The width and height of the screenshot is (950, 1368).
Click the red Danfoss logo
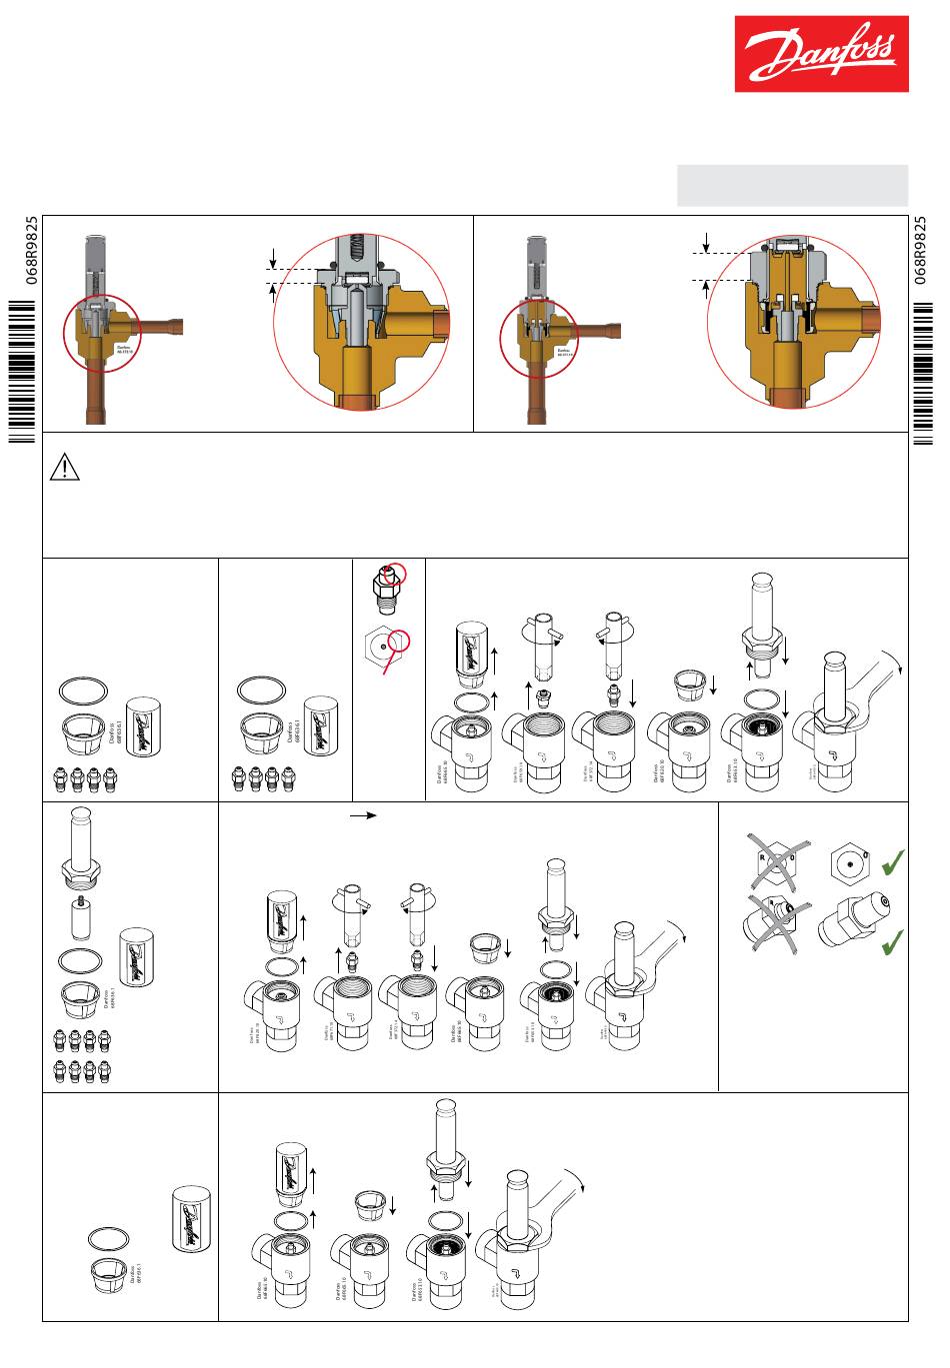point(821,54)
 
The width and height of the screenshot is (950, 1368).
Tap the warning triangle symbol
point(64,467)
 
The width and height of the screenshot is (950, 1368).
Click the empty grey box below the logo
point(792,185)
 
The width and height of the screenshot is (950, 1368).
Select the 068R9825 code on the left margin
point(32,251)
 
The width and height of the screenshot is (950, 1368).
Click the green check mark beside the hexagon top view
point(893,860)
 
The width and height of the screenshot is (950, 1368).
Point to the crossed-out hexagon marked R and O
point(776,862)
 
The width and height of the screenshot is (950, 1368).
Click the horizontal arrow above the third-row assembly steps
point(363,815)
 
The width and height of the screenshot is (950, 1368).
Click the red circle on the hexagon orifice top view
point(398,640)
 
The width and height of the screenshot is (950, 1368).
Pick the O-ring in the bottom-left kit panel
point(109,1238)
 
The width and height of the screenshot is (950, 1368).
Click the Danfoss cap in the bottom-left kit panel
point(191,1222)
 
